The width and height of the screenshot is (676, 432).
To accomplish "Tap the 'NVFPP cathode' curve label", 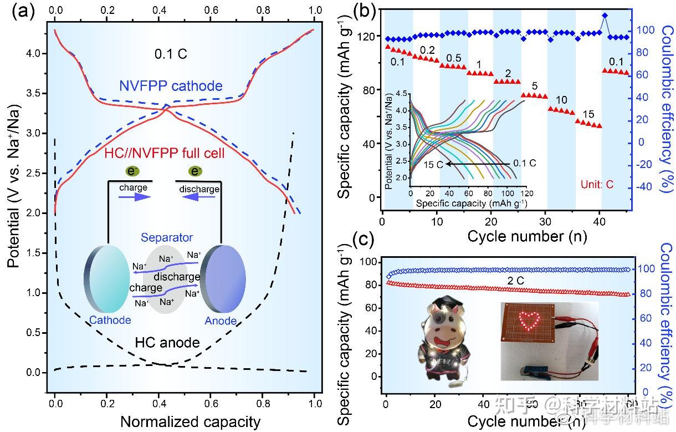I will coord(171,86).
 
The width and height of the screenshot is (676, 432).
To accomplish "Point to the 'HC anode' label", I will coord(167,343).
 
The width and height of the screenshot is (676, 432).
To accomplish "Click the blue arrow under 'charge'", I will coord(134,196).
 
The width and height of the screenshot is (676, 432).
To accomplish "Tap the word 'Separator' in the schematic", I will coord(166,237).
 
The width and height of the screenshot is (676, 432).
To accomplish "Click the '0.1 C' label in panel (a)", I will coord(171,54).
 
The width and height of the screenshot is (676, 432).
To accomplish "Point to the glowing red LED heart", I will coord(530,321).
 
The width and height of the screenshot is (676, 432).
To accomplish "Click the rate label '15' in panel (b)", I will coord(588,114).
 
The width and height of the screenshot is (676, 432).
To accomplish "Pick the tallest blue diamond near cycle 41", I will coord(605,16).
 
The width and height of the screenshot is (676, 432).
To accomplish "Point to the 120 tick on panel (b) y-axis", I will coord(368,37).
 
